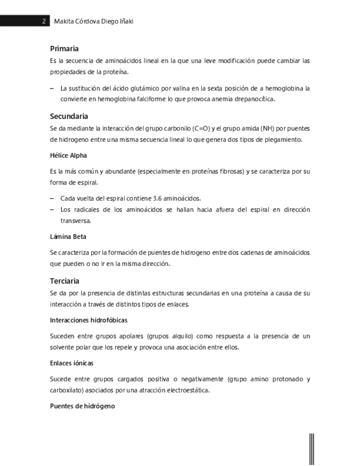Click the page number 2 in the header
click(43, 21)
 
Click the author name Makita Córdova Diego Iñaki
click(94, 21)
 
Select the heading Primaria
click(64, 49)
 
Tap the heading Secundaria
click(69, 116)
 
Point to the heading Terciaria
click(65, 281)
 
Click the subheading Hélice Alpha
click(68, 156)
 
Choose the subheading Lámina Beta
click(68, 237)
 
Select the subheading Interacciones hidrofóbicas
click(88, 320)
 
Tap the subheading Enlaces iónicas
click(71, 363)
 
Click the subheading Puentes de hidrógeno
click(82, 407)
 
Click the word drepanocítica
click(252, 99)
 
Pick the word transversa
click(75, 221)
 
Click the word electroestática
click(182, 391)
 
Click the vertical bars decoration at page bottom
click(312, 448)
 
